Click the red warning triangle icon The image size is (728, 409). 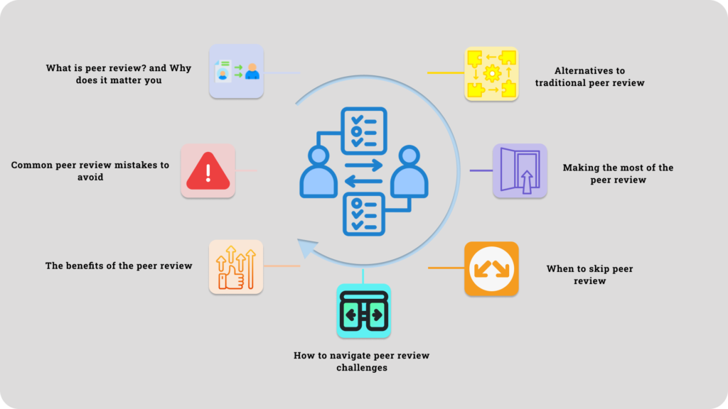pos(208,172)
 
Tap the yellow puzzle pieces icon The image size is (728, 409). pos(491,73)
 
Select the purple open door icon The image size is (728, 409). pos(520,170)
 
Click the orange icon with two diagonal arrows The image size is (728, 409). pos(491,268)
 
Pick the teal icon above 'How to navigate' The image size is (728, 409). pos(363,311)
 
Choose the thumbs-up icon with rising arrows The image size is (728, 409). pos(235,267)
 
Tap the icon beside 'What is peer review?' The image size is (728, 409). pos(236,71)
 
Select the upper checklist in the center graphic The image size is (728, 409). pos(364,130)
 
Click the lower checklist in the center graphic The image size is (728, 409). pos(364,214)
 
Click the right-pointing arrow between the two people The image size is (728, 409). pos(364,164)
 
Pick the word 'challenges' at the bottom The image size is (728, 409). pos(362,368)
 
